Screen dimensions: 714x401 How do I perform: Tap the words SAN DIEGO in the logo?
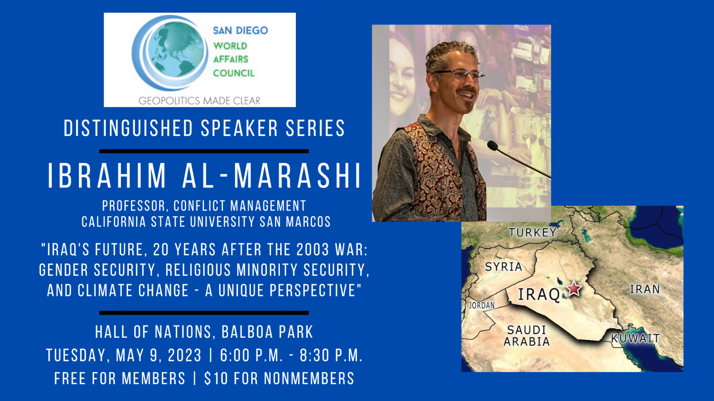pos(241,31)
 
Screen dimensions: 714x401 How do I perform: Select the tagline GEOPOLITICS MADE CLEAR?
pos(199,101)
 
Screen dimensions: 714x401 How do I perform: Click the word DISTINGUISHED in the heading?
pos(129,128)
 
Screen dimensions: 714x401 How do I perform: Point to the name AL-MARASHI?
pos(272,176)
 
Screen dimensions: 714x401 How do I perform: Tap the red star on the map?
pos(574,288)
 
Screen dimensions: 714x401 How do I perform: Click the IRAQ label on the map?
pos(539,295)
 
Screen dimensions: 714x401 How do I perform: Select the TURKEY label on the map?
pos(533,233)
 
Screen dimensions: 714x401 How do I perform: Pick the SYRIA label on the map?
pos(504,267)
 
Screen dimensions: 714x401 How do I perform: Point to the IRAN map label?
pos(645,289)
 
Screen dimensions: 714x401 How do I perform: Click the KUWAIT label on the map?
pos(635,338)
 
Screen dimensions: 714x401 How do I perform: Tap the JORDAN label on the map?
pos(482,306)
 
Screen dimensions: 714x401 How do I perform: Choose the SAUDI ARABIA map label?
pos(527,336)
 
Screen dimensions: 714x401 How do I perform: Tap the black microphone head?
pos(493,146)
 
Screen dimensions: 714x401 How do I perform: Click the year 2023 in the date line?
pos(185,355)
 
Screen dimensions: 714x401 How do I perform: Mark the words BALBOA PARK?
pos(267,332)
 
